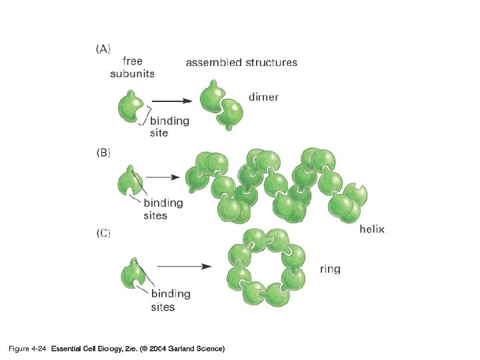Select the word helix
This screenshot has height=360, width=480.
tap(372, 229)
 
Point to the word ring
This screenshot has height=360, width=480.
tap(329, 269)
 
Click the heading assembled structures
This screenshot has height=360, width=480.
tap(241, 62)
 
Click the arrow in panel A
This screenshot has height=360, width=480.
tap(173, 101)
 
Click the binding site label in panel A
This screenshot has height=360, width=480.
tap(169, 127)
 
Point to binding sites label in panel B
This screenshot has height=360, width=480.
tap(164, 209)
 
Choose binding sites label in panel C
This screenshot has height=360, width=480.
tap(171, 300)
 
